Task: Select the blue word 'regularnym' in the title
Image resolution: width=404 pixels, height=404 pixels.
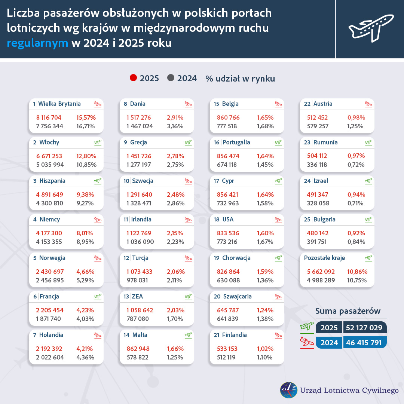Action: point(37,43)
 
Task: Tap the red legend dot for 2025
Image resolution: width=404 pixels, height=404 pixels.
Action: point(133,78)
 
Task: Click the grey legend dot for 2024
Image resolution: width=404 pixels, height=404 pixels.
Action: point(171,78)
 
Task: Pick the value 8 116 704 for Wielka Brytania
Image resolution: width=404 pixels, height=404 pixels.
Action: point(49,117)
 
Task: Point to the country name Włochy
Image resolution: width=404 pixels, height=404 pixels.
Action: point(49,143)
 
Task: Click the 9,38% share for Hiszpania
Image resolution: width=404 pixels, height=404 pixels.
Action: point(85,195)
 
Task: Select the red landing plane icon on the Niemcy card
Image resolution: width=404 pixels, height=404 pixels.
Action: point(98,220)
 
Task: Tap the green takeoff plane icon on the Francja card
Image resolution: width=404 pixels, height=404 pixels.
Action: point(98,297)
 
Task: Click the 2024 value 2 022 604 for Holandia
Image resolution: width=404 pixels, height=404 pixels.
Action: point(50,357)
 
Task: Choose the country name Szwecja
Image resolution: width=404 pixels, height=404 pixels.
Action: point(143,181)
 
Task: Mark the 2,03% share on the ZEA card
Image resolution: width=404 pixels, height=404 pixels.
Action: point(175,310)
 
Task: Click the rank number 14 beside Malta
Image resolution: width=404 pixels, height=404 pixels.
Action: point(126,335)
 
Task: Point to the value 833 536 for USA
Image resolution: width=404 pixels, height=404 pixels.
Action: point(228,233)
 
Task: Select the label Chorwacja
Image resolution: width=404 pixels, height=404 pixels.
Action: point(236,258)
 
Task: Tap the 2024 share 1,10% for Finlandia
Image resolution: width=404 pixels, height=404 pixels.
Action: point(265,357)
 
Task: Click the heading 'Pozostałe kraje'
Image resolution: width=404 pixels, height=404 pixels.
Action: point(324,258)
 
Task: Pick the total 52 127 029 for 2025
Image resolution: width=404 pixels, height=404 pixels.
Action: point(365,328)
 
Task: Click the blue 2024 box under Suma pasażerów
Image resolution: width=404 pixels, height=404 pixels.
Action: point(329,343)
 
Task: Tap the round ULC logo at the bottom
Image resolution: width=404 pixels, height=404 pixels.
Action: point(288,390)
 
